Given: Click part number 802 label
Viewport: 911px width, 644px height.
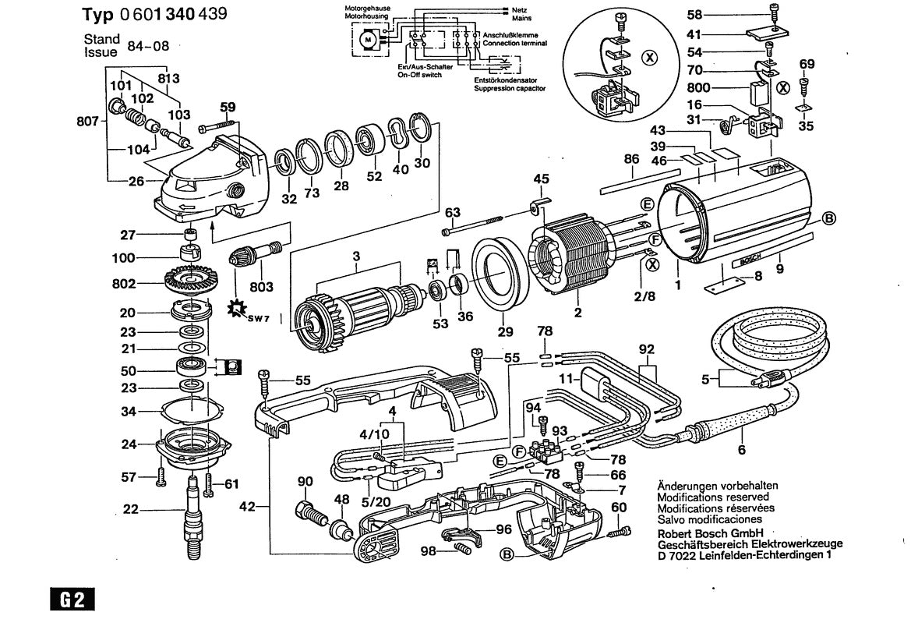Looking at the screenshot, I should pos(123,283).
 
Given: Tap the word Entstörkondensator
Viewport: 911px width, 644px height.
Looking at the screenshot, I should pos(509,80).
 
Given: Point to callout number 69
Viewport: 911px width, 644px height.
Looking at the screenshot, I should pos(807,64).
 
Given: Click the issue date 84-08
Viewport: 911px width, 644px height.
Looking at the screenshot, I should pos(149,45).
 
